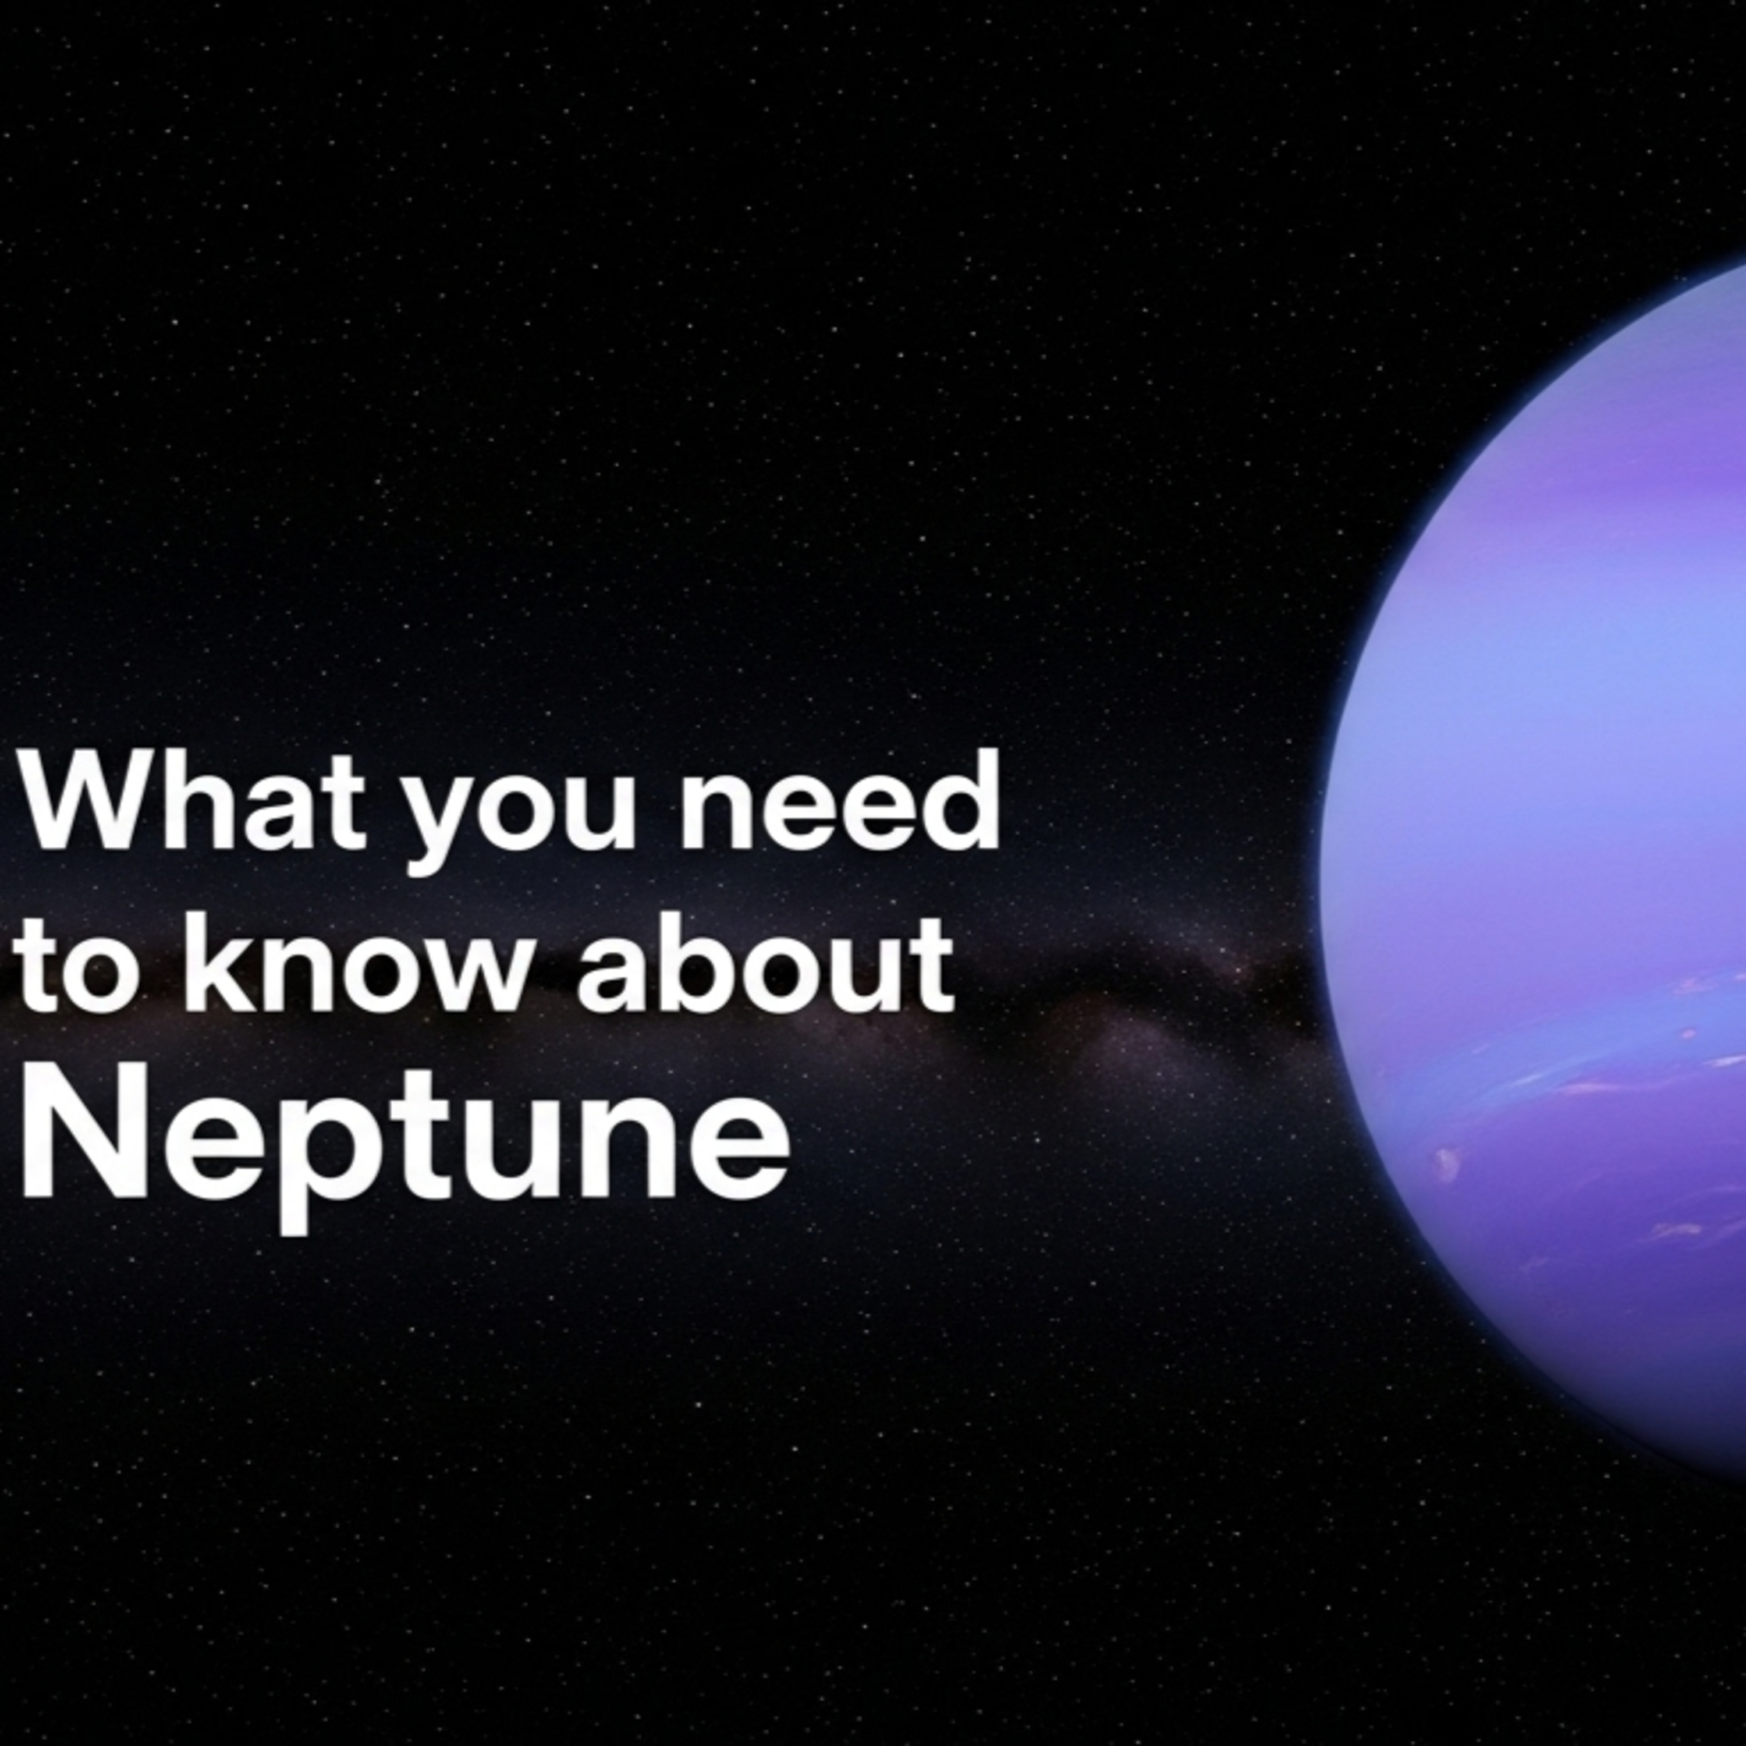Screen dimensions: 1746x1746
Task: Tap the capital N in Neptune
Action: tap(84, 1128)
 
